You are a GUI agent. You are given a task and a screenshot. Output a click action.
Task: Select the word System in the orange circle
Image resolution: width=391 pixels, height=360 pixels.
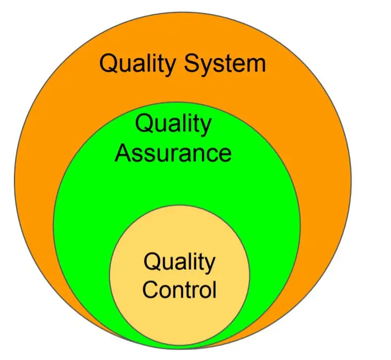pyautogui.click(x=225, y=64)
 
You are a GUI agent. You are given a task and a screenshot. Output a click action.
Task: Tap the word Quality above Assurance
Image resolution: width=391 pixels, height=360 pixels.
pyautogui.click(x=173, y=124)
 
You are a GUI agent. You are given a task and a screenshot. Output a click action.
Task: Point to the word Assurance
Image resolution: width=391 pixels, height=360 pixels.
pyautogui.click(x=174, y=153)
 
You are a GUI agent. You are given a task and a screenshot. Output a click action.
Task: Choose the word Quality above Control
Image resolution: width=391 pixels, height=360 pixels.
pyautogui.click(x=179, y=262)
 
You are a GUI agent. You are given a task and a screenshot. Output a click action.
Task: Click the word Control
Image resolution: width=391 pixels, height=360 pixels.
pyautogui.click(x=179, y=290)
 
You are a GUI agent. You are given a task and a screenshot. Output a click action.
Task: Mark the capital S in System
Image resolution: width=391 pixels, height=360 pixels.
pyautogui.click(x=191, y=64)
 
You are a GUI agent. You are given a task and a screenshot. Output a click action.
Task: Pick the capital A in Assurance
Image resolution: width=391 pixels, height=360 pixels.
pyautogui.click(x=123, y=153)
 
